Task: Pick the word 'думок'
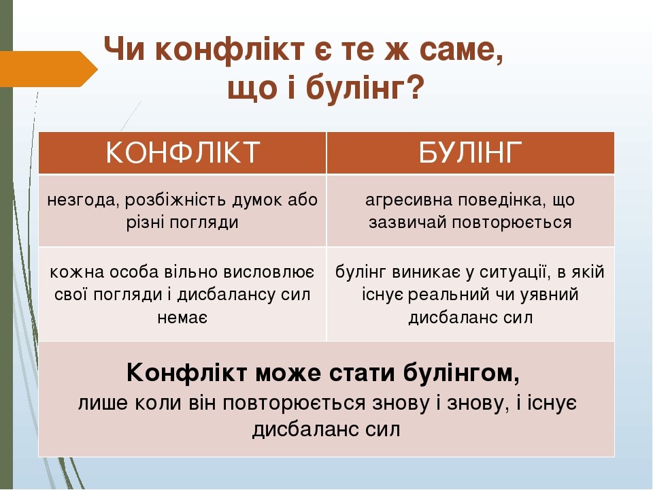tap(255, 200)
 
